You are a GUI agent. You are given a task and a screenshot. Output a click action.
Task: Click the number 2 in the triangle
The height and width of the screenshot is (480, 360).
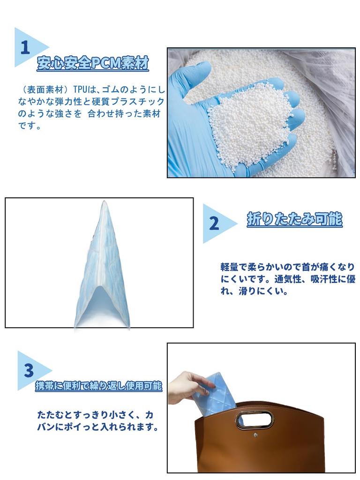214,224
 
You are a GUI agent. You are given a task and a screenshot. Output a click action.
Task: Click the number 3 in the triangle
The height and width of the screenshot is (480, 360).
29,371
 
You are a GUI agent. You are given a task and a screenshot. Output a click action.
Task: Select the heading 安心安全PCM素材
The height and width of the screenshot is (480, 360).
93,63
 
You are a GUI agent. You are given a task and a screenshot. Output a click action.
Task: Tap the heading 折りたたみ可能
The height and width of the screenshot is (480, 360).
294,219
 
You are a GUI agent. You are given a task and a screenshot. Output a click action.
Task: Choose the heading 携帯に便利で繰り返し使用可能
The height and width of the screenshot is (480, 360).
99,386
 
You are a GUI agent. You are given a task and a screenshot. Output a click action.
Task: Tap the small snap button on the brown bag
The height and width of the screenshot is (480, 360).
255,435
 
